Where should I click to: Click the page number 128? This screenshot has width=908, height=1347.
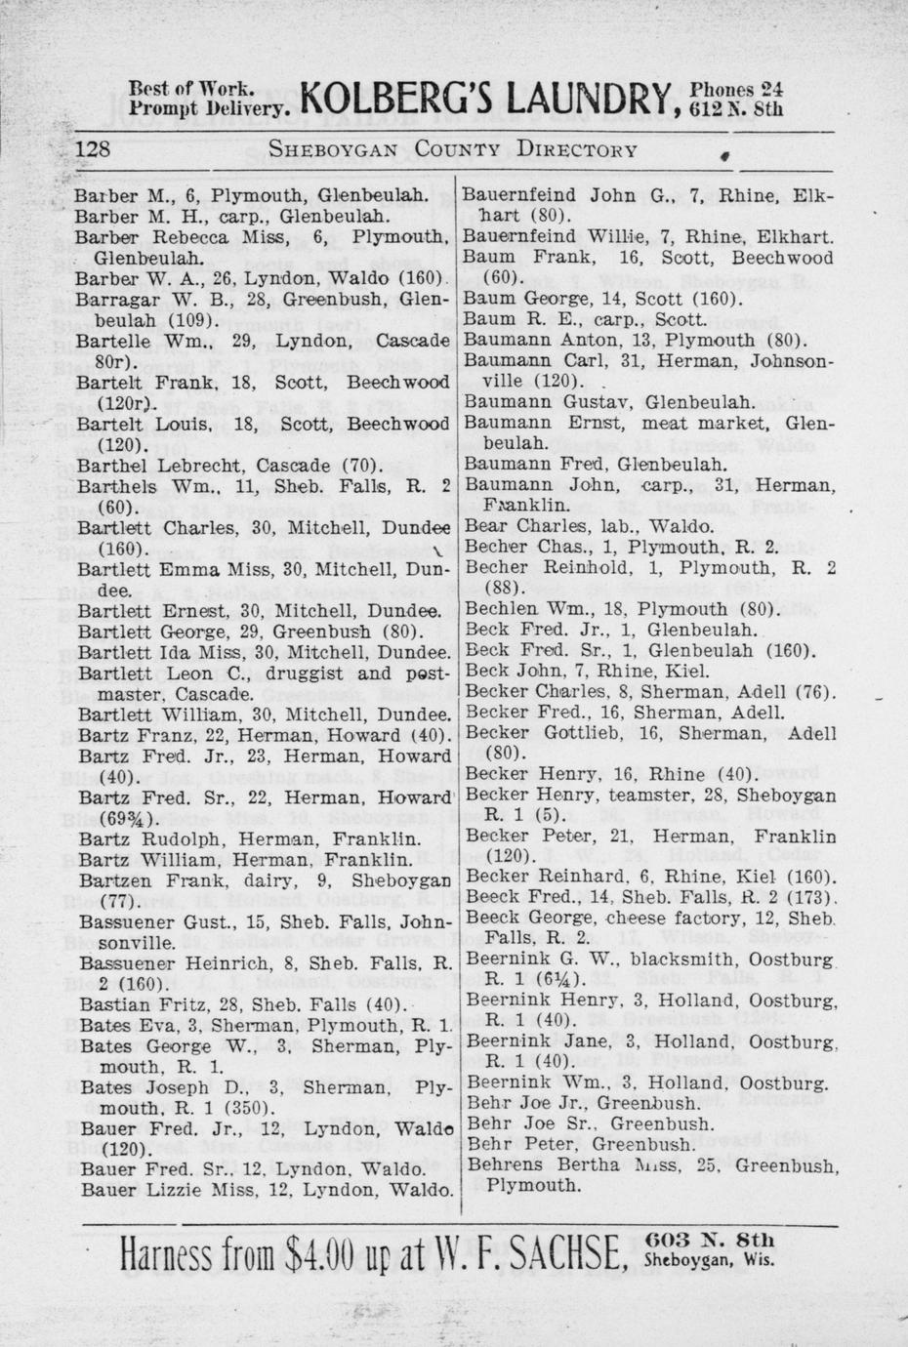pos(95,149)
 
